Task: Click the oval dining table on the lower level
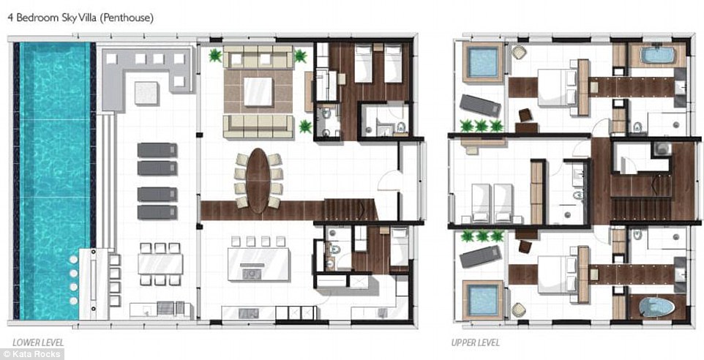pos(258,181)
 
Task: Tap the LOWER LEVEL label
pos(38,343)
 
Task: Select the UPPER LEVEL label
pos(476,343)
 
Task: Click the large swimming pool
pos(55,181)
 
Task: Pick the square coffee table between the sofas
pos(258,91)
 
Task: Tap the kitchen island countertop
pos(258,264)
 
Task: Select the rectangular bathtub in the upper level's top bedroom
pos(657,55)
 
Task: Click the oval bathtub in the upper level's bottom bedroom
pos(657,307)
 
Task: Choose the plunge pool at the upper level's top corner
pos(483,62)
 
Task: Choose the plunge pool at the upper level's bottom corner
pos(483,300)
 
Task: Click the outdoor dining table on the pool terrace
pos(160,264)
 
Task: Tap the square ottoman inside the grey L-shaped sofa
pos(146,93)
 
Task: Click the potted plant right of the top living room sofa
pos(300,56)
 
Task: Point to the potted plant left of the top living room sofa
pos(215,56)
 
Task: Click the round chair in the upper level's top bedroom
pos(519,52)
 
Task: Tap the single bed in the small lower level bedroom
pos(399,247)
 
